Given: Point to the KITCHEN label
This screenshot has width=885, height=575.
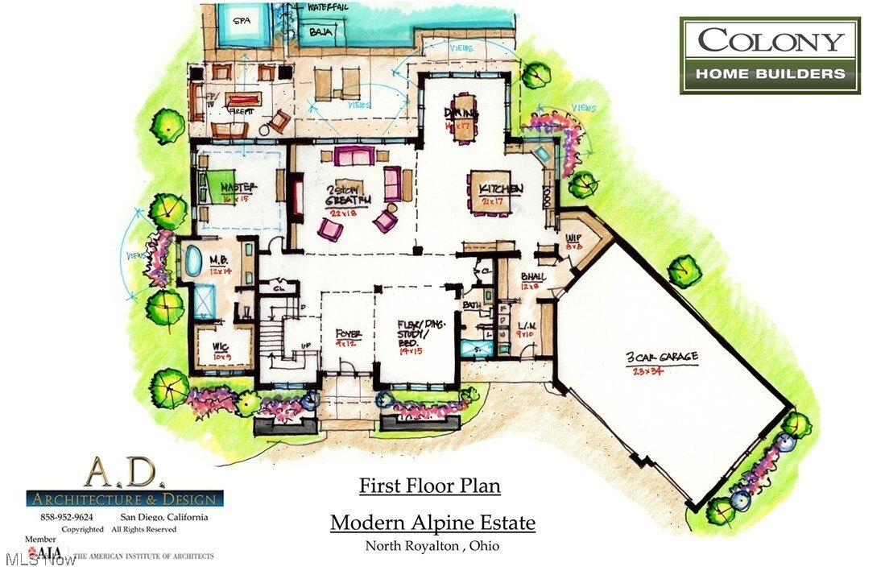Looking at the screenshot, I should coord(502,188).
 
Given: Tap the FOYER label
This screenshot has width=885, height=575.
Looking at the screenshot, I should coord(349,333).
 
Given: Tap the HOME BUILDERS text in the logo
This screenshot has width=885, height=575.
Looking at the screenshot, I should coord(770,74).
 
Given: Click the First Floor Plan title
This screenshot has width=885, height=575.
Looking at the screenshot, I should coord(429,486).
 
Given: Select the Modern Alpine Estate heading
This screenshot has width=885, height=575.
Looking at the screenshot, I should coord(432,523).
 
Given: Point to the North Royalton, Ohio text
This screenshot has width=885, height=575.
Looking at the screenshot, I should coord(432,546).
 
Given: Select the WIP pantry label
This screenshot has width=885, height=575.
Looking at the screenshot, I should coord(573,241).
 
